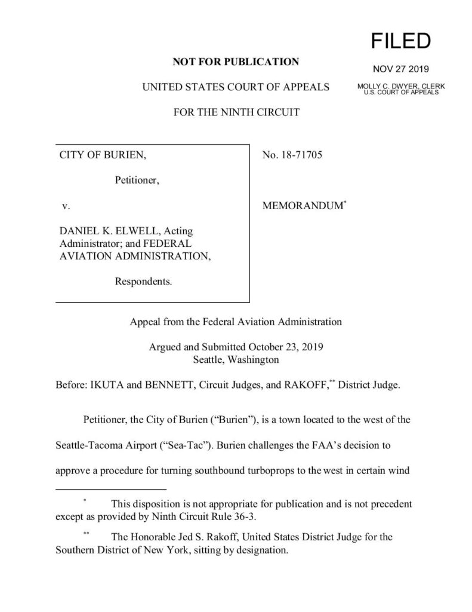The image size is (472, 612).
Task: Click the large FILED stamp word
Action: (x=401, y=41)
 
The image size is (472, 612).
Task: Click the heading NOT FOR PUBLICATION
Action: (x=236, y=62)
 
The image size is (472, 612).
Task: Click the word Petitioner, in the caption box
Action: (x=137, y=180)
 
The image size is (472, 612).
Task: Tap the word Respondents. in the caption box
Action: (x=144, y=281)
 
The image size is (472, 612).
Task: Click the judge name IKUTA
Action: (x=109, y=385)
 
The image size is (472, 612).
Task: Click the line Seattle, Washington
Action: (x=236, y=360)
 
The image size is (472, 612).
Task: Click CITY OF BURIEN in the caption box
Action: (x=101, y=156)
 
